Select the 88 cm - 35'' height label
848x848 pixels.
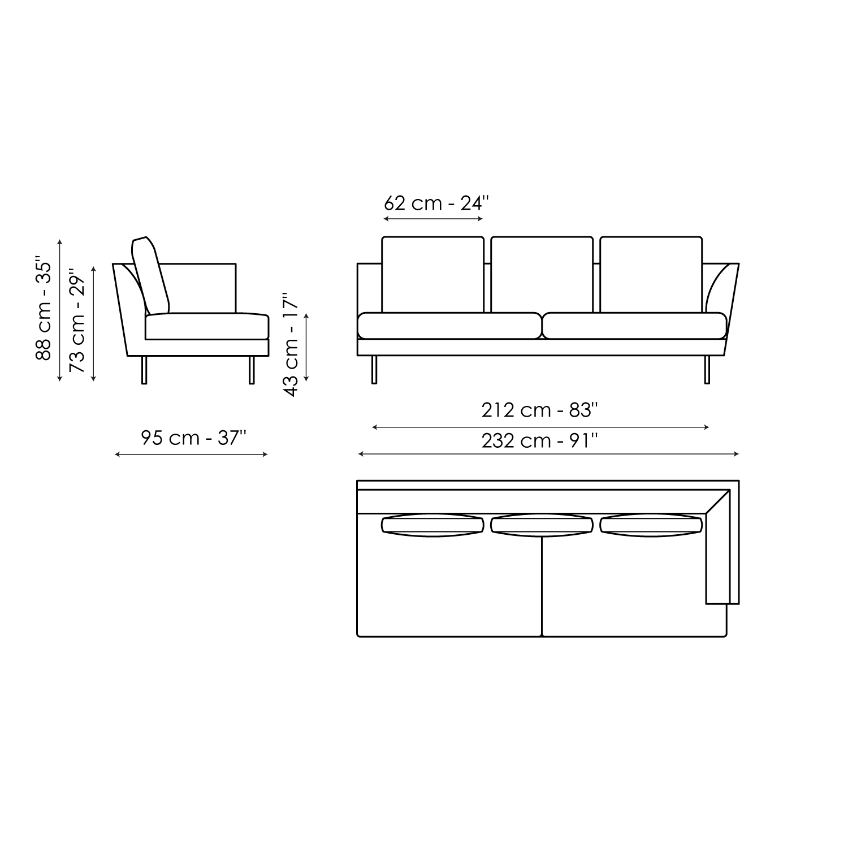point(44,310)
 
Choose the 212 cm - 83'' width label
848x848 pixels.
point(540,410)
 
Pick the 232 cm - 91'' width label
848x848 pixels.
point(540,440)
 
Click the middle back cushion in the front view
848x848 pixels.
point(542,274)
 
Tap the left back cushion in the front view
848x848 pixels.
point(433,274)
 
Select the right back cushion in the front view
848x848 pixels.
point(651,274)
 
